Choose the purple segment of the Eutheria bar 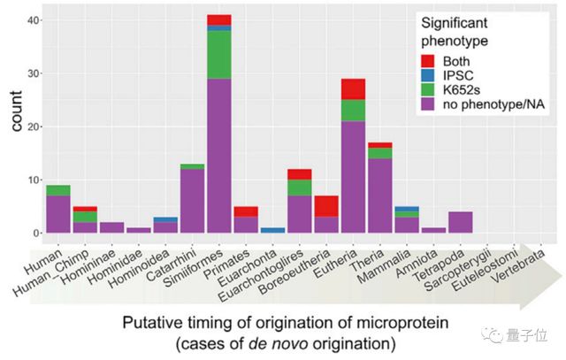click(354, 177)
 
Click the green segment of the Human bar click(58, 190)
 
